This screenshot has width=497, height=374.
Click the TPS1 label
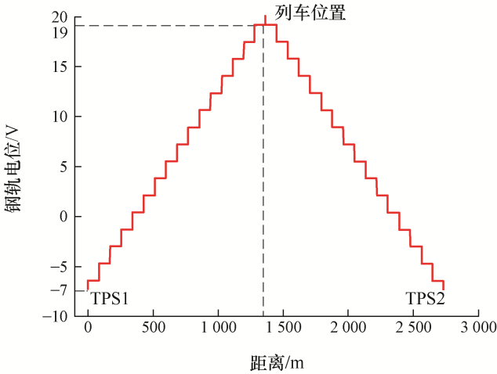[109, 298]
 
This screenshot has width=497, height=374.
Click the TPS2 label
[425, 298]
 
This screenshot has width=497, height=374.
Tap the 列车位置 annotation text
[310, 13]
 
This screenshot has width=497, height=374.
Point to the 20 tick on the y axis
[60, 16]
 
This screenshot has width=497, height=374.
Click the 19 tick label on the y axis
[60, 32]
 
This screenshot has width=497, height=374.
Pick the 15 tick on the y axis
[60, 67]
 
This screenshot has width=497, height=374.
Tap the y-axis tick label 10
[60, 117]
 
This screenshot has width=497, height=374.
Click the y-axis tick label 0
[64, 216]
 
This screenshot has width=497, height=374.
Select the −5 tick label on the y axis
[57, 267]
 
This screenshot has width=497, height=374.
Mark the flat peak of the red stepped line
[266, 25]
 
